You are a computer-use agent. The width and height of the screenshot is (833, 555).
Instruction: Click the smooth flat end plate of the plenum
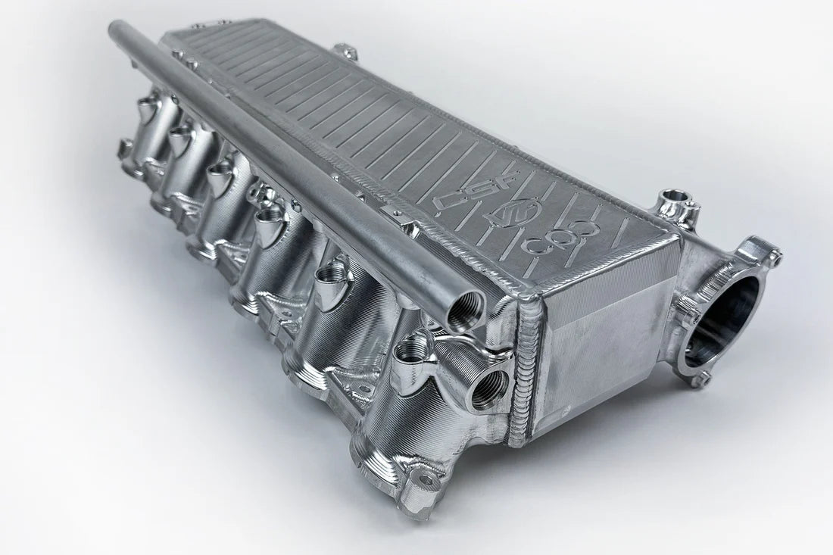[x=606, y=333]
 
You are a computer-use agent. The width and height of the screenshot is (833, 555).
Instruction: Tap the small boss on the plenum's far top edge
[x=346, y=51]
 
